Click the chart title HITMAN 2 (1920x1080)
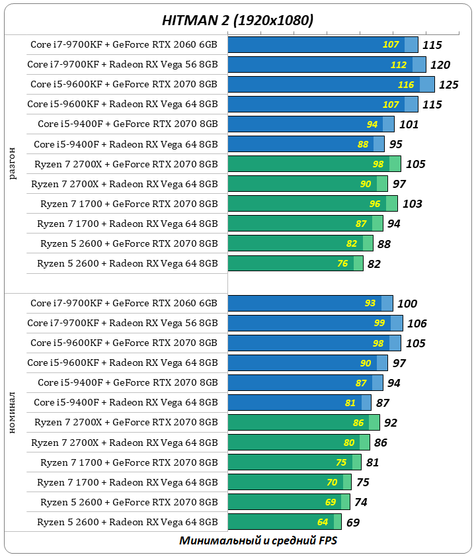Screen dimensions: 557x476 (237, 21)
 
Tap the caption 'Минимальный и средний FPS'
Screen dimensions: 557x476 (258, 540)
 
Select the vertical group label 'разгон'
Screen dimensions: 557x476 (14, 163)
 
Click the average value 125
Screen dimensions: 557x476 (449, 85)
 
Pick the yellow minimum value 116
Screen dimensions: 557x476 (406, 85)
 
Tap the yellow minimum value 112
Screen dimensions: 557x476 (399, 65)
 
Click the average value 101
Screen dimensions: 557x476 (409, 124)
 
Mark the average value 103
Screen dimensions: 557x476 (412, 204)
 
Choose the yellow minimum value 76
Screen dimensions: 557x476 (342, 263)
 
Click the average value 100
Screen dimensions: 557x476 (407, 304)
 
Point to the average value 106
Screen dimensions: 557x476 (416, 323)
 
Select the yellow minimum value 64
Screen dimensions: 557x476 (323, 522)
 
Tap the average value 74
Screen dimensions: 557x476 (360, 502)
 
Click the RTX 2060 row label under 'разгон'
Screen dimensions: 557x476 (124, 45)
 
